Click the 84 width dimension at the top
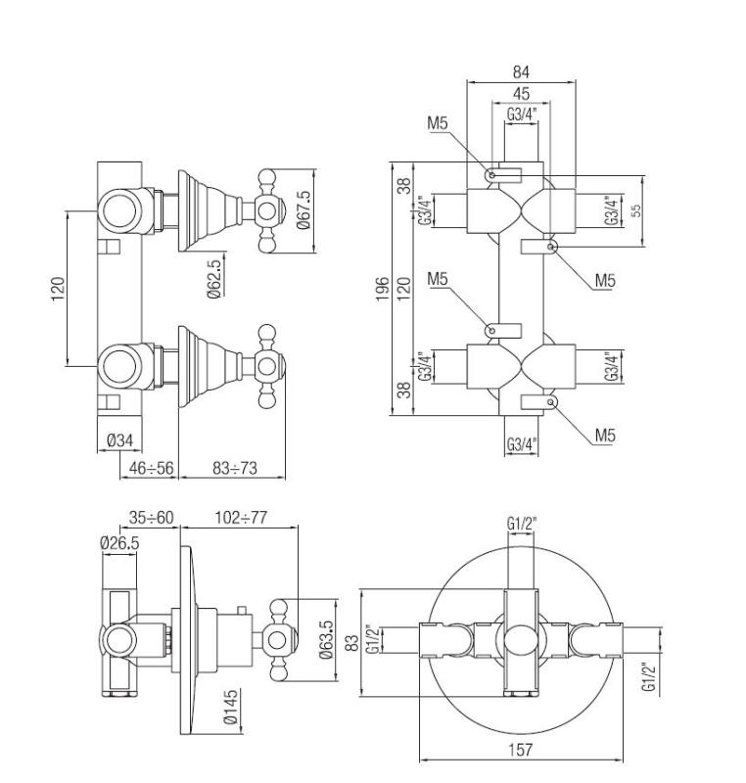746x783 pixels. (521, 71)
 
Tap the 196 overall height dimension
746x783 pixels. (384, 289)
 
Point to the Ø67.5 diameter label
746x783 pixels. (303, 209)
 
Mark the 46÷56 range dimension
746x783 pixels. (150, 469)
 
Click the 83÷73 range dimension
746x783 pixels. (234, 469)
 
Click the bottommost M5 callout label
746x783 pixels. (604, 436)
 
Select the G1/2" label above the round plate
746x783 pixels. (521, 525)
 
